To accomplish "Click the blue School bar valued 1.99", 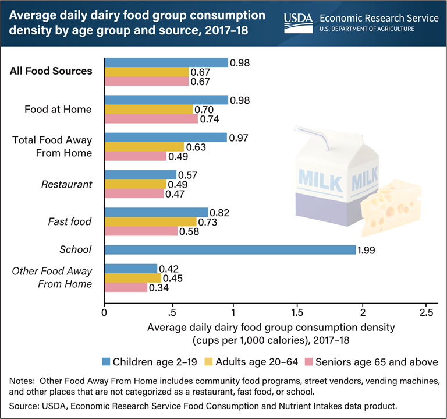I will point(229,249).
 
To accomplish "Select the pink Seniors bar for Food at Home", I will point(151,119).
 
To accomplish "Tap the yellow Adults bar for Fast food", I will point(150,221).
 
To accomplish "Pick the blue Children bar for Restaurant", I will point(140,175).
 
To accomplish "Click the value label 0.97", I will point(239,138).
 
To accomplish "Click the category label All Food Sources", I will point(58,71).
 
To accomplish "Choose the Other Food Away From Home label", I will point(61,277).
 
